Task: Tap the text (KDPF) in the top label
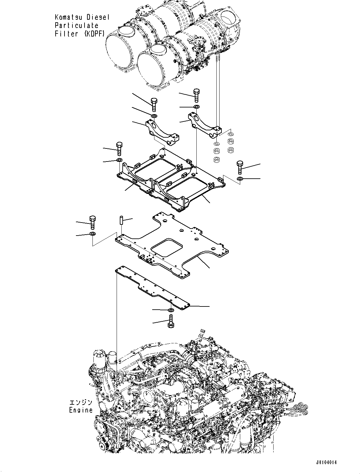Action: coord(94,34)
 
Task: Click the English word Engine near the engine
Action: coord(81,410)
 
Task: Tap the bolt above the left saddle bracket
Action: coord(154,104)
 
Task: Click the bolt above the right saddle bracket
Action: coord(196,95)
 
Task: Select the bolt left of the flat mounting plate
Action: coord(92,222)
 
